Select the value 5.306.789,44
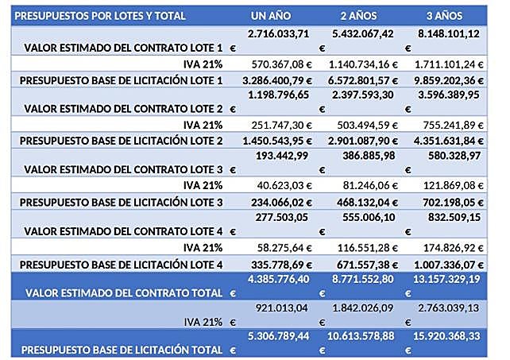click(277, 336)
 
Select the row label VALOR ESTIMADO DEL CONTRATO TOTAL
click(124, 293)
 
